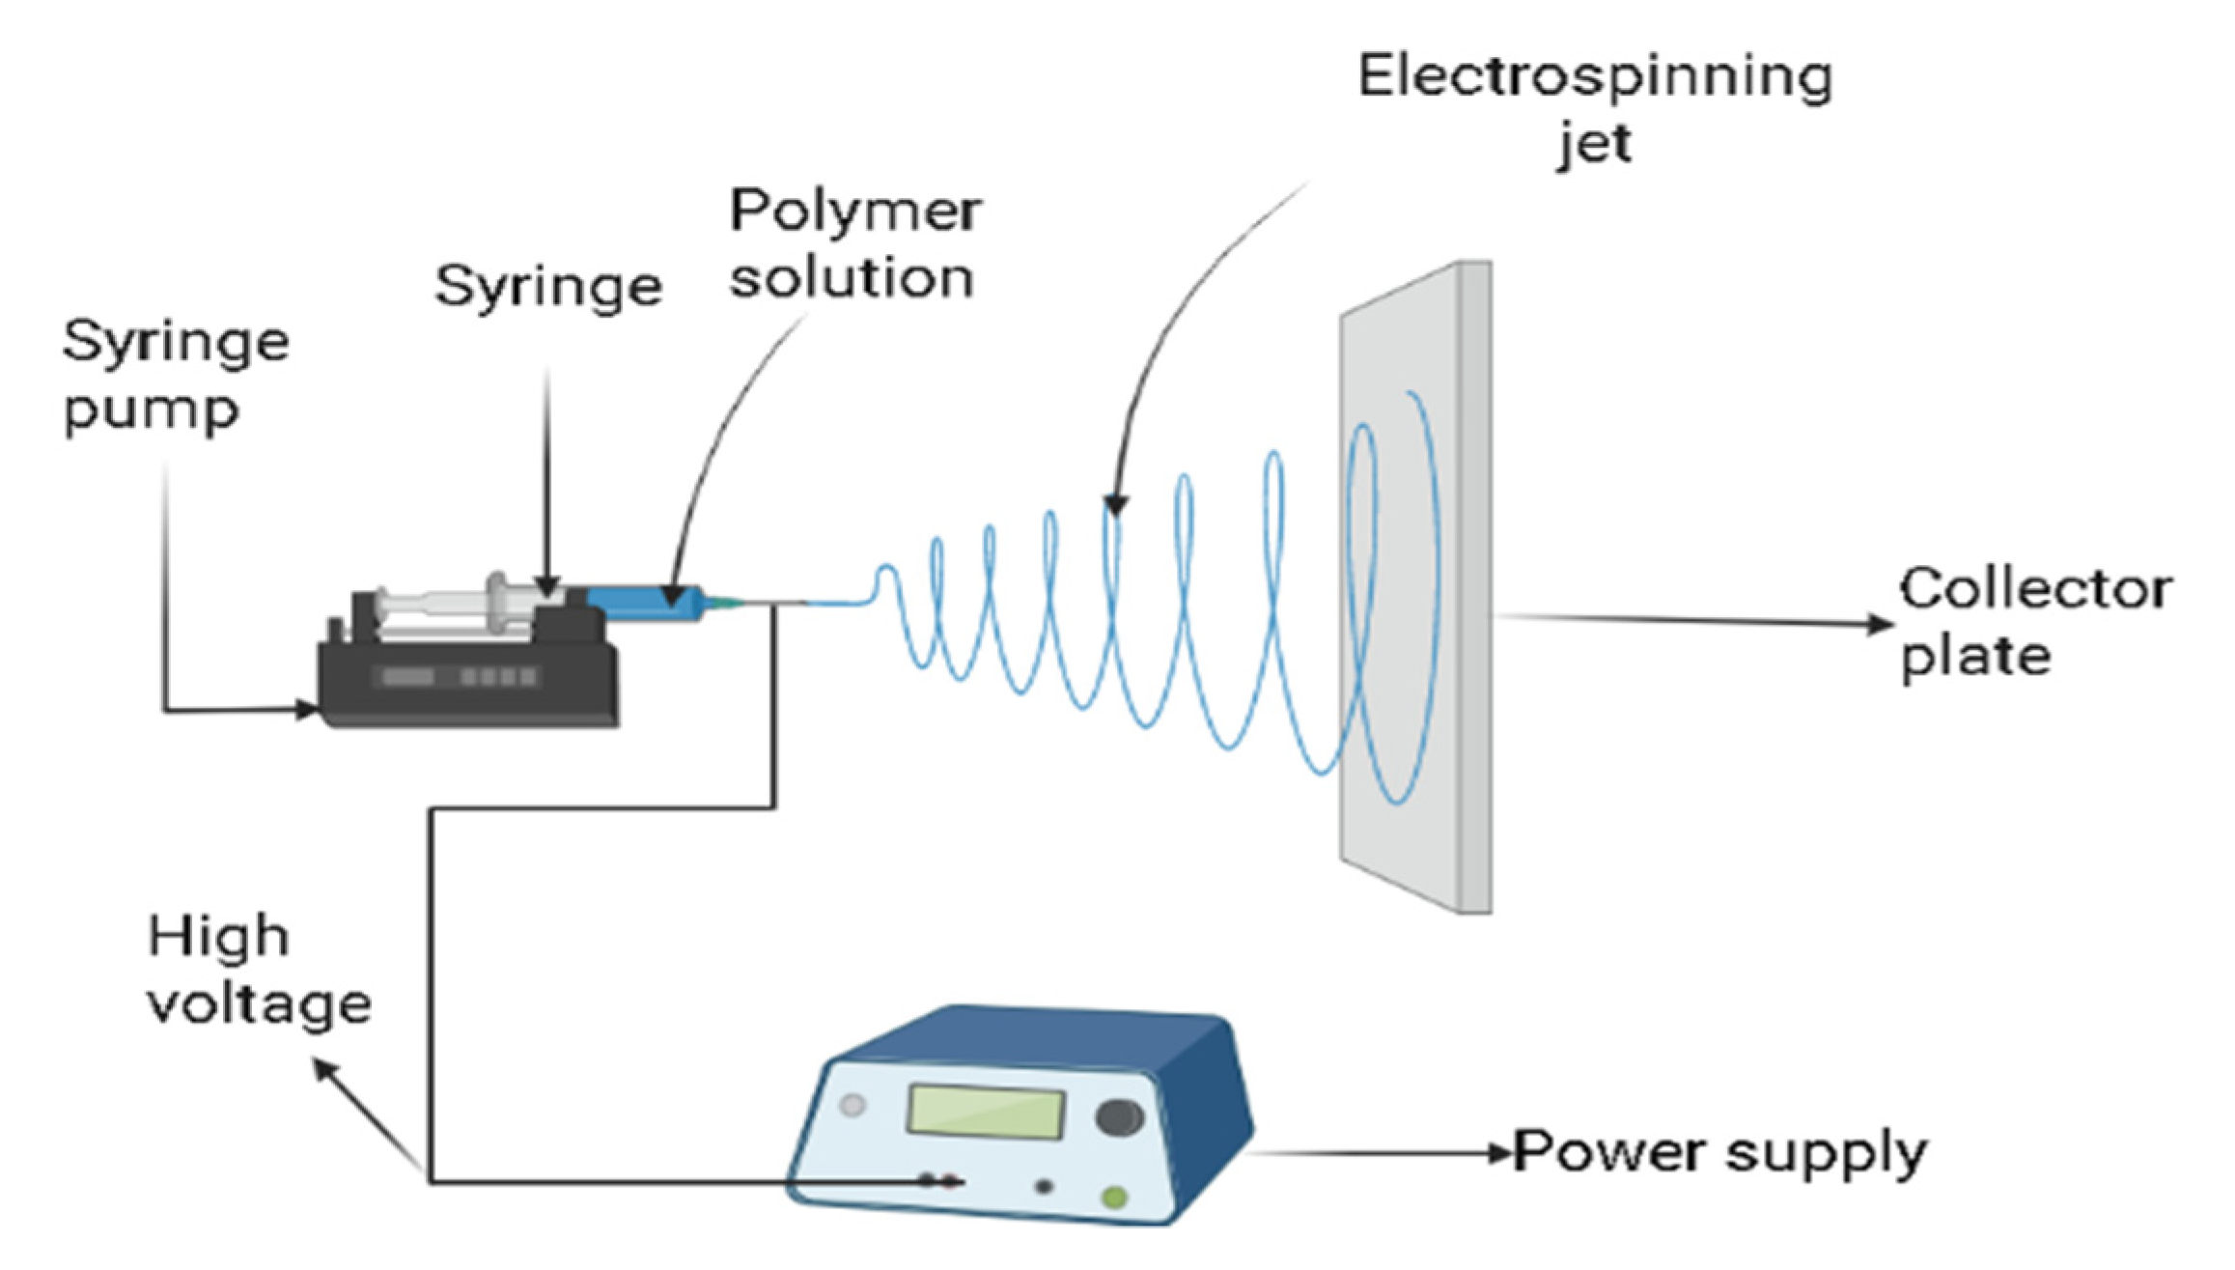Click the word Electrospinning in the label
click(x=1594, y=77)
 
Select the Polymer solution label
click(x=853, y=244)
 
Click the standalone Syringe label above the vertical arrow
click(x=548, y=288)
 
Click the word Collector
click(x=2035, y=590)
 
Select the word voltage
click(x=259, y=1004)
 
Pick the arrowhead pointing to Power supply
click(x=1499, y=1152)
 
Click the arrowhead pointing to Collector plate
click(x=1879, y=625)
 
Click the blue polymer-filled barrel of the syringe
click(x=642, y=603)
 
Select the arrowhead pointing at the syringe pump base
click(x=307, y=711)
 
